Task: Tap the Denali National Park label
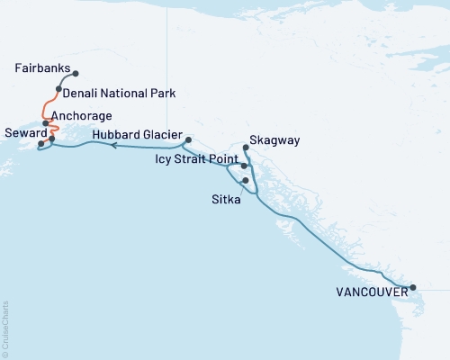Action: pos(120,93)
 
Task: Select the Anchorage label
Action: pos(82,116)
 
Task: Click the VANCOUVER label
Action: pos(368,292)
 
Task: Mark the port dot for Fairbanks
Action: pos(76,74)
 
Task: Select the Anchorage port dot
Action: pos(46,123)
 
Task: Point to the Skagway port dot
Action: pos(247,147)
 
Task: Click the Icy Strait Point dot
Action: pos(245,166)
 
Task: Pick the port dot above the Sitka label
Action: pos(245,180)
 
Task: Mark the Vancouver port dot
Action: pos(413,288)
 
